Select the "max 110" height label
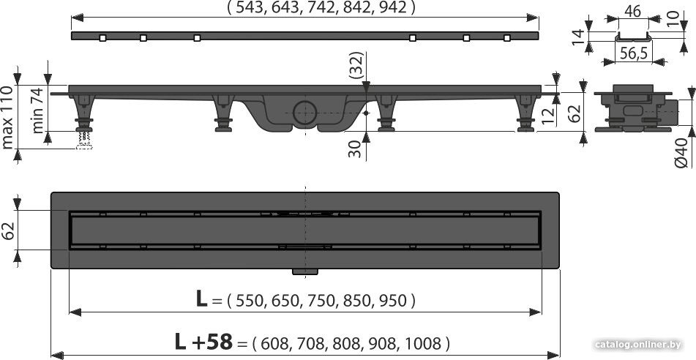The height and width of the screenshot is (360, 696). [x=7, y=117]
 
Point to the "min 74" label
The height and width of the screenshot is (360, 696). [x=38, y=110]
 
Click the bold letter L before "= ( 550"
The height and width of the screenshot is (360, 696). [x=201, y=299]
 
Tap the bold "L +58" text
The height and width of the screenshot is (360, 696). [x=203, y=342]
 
